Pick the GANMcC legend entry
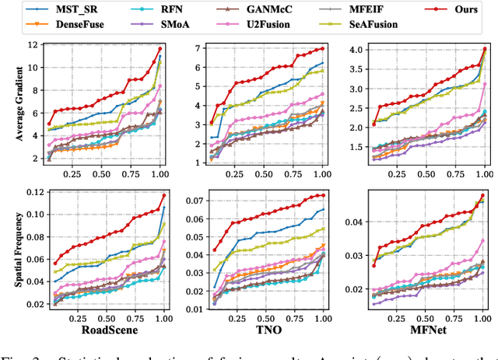coord(272,9)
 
